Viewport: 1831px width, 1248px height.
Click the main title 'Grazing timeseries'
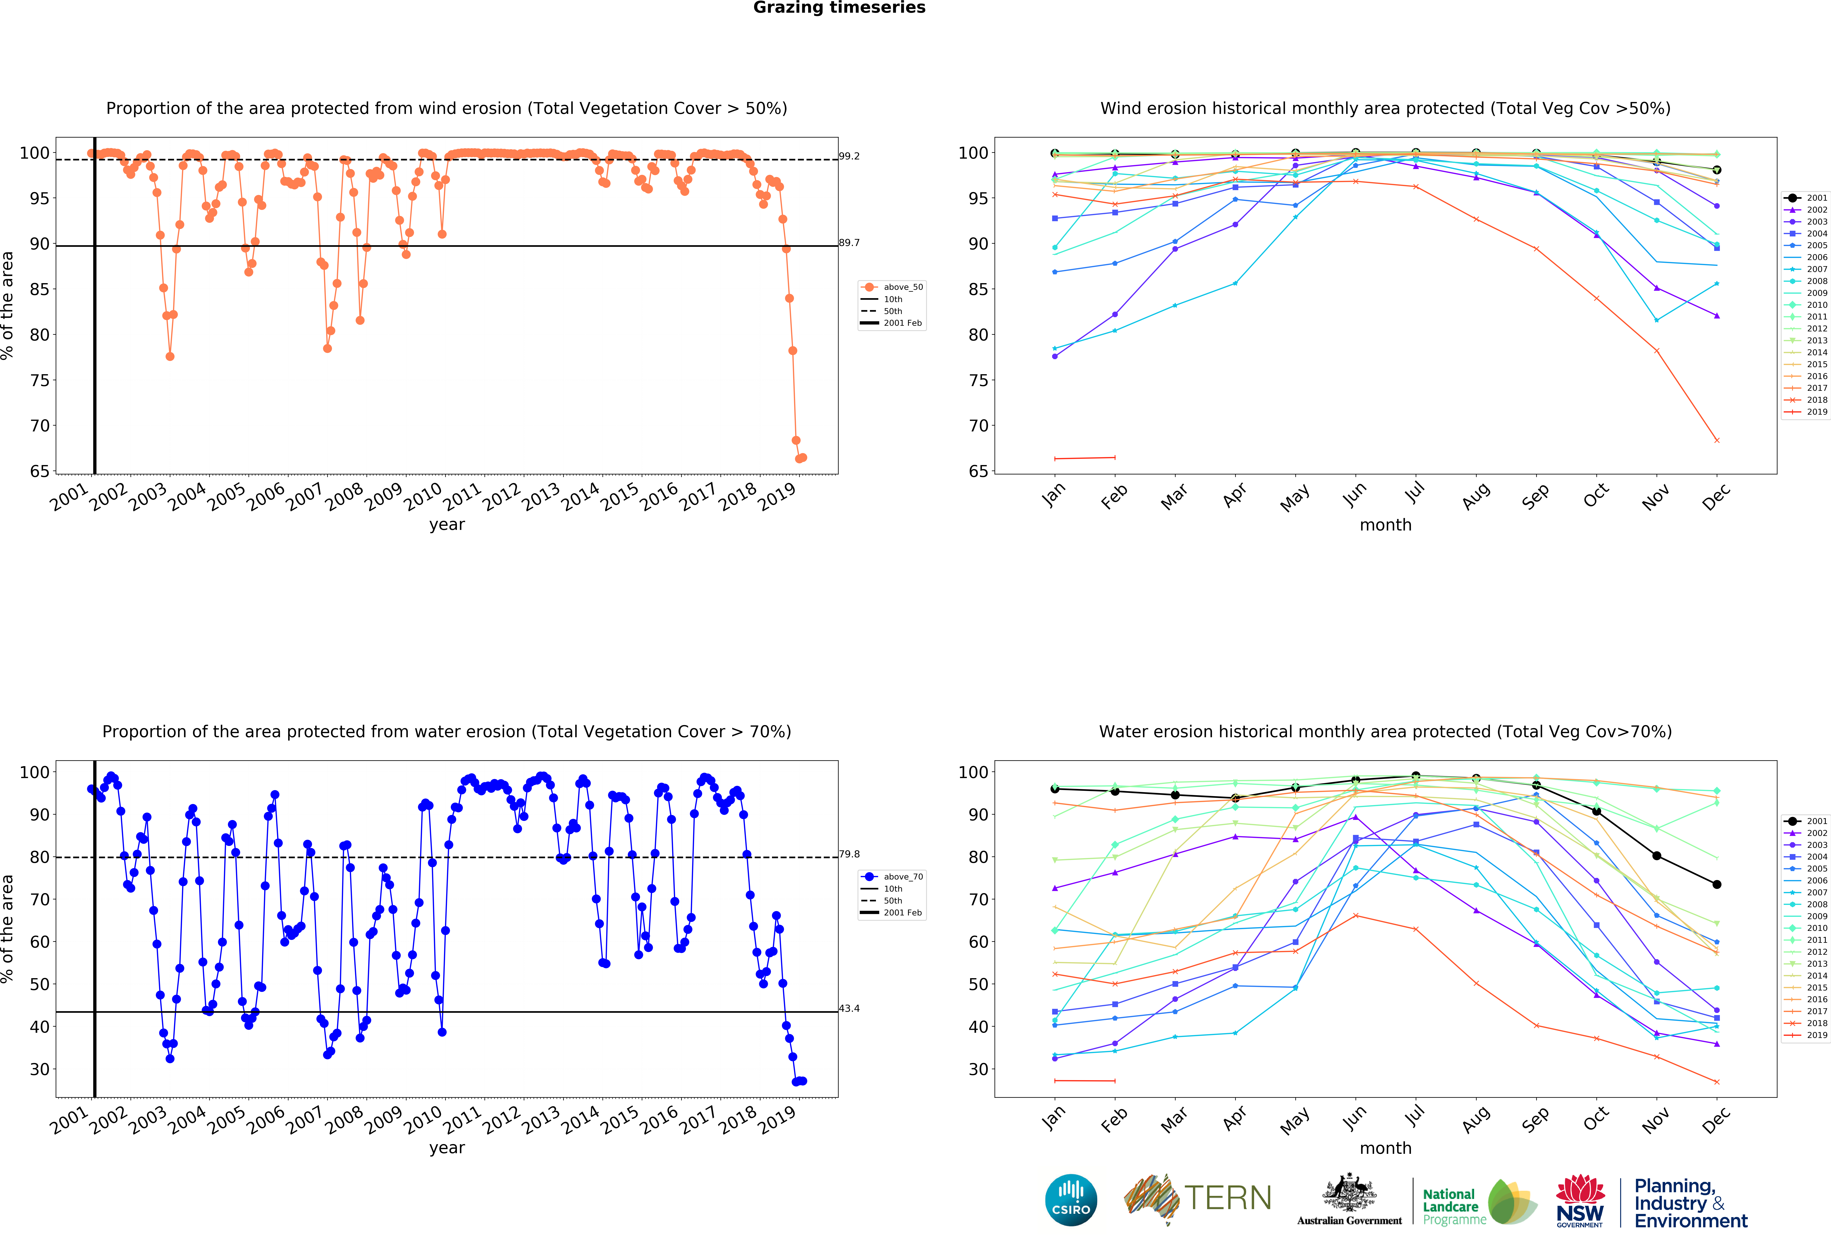839,8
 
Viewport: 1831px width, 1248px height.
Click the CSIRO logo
1071,1200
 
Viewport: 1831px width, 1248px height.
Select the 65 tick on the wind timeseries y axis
39,471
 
